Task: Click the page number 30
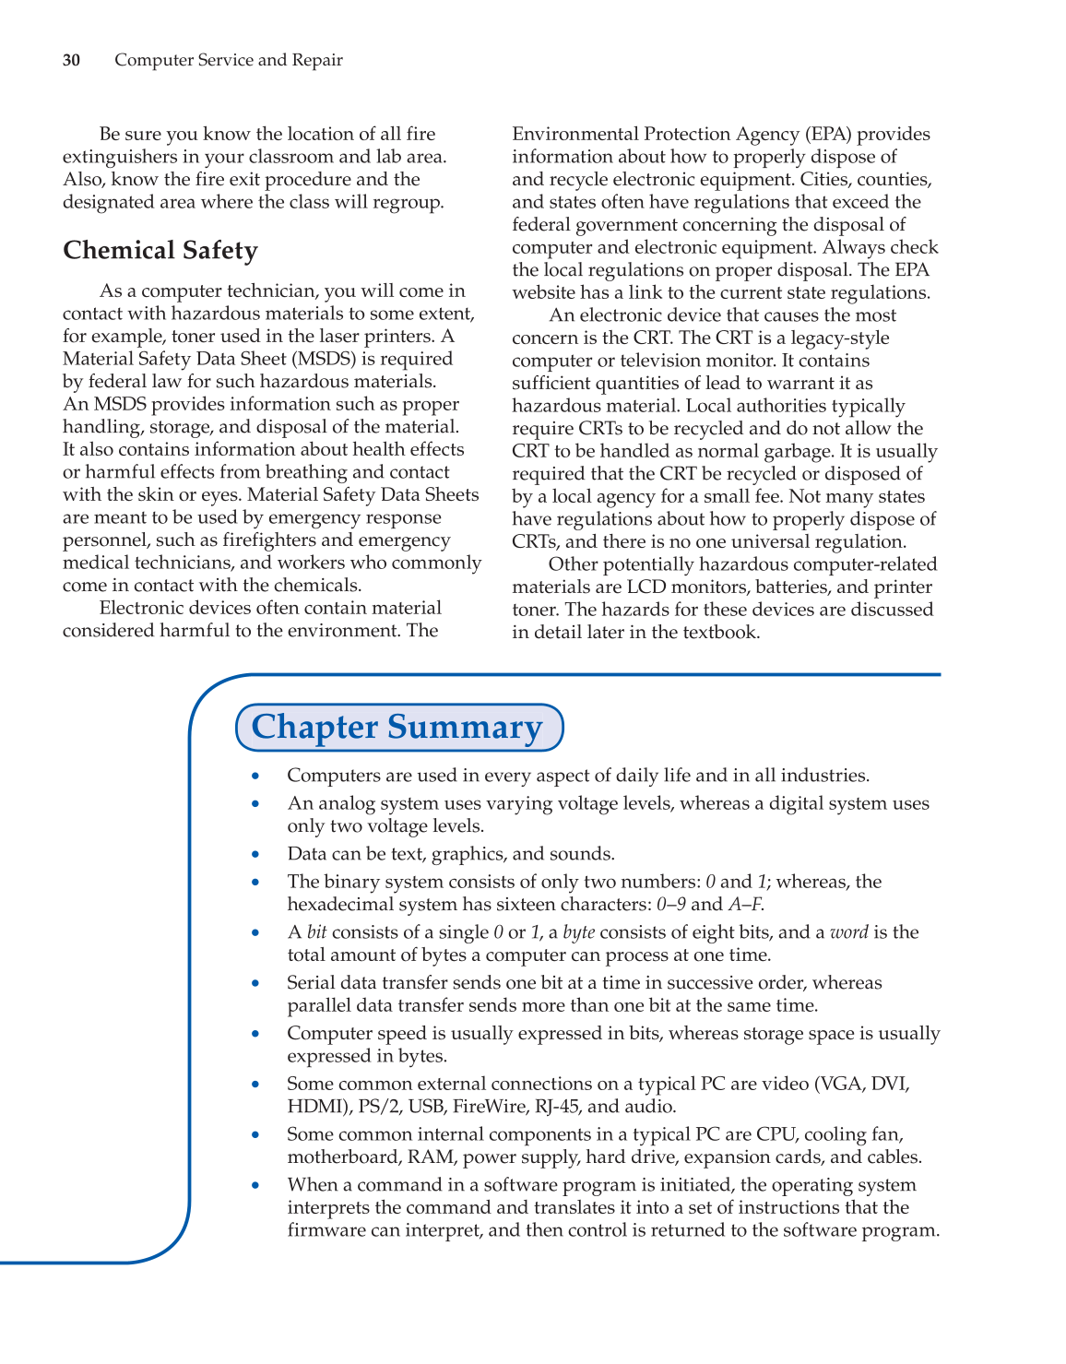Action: pyautogui.click(x=71, y=61)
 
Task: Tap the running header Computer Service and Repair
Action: pyautogui.click(x=228, y=61)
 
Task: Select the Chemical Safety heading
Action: pyautogui.click(x=160, y=251)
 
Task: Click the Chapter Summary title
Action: pyautogui.click(x=397, y=727)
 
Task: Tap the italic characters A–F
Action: pyautogui.click(x=745, y=905)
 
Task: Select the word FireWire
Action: pyautogui.click(x=489, y=1107)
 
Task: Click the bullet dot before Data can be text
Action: pyautogui.click(x=255, y=855)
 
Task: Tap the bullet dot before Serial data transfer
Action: pyautogui.click(x=255, y=984)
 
